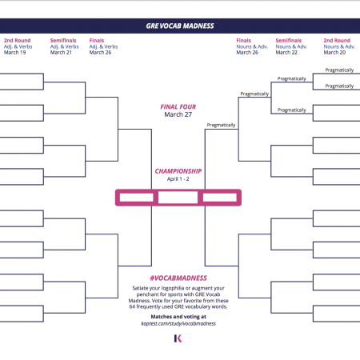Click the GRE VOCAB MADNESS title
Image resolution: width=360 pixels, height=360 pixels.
[180, 26]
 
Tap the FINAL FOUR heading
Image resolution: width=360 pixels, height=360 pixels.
[178, 107]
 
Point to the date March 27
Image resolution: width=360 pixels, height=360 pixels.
[178, 114]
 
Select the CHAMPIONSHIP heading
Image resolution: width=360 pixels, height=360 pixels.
[178, 171]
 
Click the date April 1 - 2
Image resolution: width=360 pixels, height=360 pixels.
[178, 179]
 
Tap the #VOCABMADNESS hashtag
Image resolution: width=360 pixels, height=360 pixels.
[178, 278]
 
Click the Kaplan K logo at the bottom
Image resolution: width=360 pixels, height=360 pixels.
[178, 338]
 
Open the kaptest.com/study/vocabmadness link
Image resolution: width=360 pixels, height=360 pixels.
[178, 323]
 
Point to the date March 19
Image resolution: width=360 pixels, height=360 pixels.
[15, 53]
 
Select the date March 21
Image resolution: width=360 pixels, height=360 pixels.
[61, 53]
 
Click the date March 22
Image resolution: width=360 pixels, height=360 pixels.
[286, 53]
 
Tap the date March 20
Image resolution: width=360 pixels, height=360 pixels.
[334, 53]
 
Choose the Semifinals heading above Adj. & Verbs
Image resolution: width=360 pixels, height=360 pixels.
[63, 41]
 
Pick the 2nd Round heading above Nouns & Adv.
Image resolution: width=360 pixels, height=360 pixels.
[337, 41]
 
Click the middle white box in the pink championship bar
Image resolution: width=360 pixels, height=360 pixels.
[178, 198]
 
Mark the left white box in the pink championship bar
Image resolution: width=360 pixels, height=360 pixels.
[137, 198]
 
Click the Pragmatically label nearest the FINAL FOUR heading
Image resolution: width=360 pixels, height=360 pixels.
[221, 125]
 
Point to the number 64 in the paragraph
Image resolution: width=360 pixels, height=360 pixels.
[132, 306]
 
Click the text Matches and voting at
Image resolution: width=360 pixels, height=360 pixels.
[178, 317]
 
